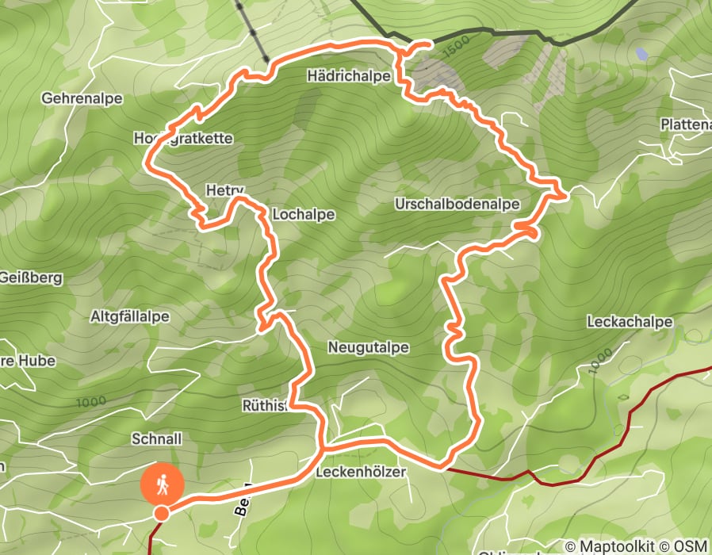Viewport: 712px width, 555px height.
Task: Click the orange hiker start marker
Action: (x=162, y=483)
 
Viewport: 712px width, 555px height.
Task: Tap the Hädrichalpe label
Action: (x=349, y=77)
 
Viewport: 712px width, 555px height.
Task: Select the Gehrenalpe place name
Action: (x=82, y=98)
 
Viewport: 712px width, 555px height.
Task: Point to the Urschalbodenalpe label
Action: (x=457, y=204)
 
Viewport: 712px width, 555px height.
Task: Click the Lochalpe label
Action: (x=303, y=215)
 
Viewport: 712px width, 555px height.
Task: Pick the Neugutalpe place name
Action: (x=368, y=347)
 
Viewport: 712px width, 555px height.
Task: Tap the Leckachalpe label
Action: (x=630, y=322)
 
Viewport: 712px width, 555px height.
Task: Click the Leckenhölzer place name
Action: (x=361, y=472)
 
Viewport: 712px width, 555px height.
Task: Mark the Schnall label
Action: (x=157, y=438)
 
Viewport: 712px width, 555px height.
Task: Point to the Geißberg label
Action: (x=30, y=278)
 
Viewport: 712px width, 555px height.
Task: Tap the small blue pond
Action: (x=641, y=54)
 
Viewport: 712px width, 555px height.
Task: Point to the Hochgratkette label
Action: (x=183, y=138)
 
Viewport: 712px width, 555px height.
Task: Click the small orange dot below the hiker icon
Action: (x=161, y=513)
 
